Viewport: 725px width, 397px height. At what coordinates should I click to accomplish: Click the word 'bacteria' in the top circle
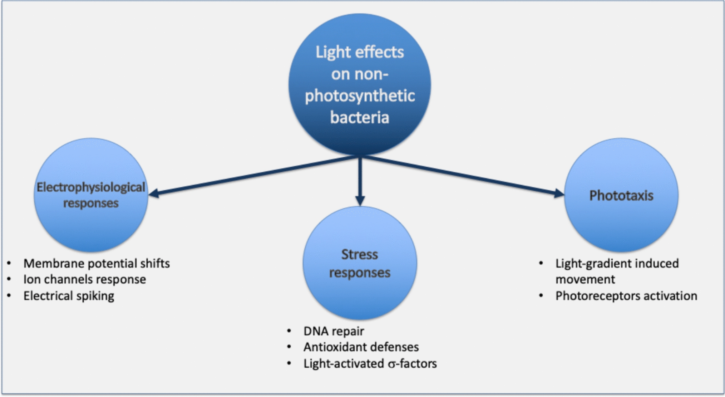[x=359, y=118]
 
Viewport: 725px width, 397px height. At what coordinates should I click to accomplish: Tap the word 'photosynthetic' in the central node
[x=360, y=96]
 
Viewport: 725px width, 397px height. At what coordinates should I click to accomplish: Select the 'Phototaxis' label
[x=621, y=196]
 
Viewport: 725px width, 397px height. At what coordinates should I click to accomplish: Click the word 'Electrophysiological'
[x=91, y=187]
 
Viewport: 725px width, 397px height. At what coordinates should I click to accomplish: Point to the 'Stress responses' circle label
[x=359, y=263]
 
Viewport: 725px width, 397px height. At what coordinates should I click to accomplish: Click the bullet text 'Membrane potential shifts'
[x=97, y=264]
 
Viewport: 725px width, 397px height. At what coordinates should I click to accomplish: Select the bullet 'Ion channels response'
[x=85, y=279]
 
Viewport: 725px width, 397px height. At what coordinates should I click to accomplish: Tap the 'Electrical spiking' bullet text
[x=69, y=296]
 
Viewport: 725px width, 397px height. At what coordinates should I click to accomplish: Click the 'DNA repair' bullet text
[x=334, y=331]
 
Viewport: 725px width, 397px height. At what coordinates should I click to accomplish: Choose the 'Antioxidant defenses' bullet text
[x=361, y=347]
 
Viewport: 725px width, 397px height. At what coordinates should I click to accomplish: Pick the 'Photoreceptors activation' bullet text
[x=626, y=296]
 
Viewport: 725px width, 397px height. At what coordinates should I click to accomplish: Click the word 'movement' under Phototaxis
[x=585, y=279]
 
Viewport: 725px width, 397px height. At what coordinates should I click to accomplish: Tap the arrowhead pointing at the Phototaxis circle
[x=559, y=193]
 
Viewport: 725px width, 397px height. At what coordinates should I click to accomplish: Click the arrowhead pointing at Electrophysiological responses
[x=154, y=193]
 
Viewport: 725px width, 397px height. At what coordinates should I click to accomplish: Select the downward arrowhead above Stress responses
[x=360, y=200]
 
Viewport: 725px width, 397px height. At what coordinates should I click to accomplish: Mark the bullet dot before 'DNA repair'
[x=289, y=331]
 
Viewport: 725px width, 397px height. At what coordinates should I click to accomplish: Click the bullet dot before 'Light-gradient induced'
[x=541, y=264]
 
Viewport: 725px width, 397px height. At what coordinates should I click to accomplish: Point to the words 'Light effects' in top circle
[x=359, y=52]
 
